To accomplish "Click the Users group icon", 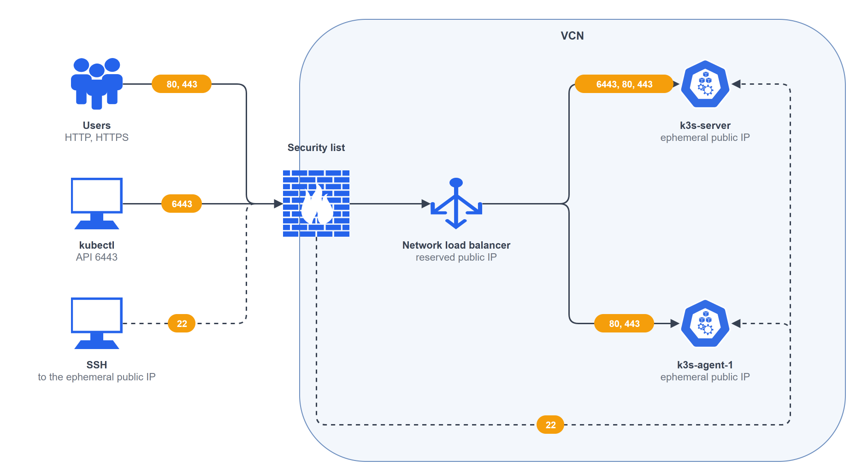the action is click(x=97, y=84).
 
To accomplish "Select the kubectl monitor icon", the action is click(x=97, y=204).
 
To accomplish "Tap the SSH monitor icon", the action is click(x=97, y=323).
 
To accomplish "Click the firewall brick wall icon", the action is click(x=316, y=204).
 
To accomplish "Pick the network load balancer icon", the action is click(x=456, y=204).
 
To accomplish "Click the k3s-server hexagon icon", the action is click(x=705, y=84).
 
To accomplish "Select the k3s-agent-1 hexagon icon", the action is click(x=705, y=323).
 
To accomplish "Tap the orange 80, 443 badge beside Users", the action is click(x=182, y=84).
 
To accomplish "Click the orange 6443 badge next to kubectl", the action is click(x=182, y=204).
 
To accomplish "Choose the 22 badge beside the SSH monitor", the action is click(x=182, y=323).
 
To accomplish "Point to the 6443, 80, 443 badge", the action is click(x=624, y=84).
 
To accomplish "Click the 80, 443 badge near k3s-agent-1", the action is click(x=624, y=323).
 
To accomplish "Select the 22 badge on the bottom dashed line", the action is click(x=550, y=425).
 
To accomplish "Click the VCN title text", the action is click(x=572, y=36).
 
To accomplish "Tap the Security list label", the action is click(x=316, y=147).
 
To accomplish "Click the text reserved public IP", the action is click(x=456, y=257).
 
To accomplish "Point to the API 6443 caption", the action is click(x=97, y=257).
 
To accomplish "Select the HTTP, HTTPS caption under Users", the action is click(x=97, y=138).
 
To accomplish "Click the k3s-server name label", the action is click(x=705, y=125).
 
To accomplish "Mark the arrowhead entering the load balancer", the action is click(x=426, y=204).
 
